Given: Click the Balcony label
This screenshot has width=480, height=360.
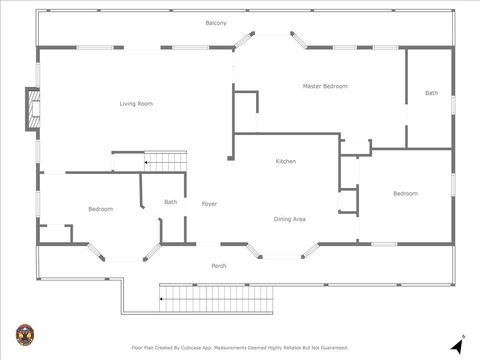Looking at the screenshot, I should tap(216, 23).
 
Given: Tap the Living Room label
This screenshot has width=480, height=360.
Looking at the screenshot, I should tap(136, 104).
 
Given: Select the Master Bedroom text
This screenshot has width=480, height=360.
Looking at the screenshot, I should tap(325, 87).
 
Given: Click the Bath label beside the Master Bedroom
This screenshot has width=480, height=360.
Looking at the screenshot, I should tap(431, 93).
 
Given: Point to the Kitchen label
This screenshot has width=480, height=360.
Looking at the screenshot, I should tap(286, 161).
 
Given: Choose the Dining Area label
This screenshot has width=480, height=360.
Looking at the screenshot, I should tap(289, 218).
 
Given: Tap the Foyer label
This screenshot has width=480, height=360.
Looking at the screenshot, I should tap(209, 204).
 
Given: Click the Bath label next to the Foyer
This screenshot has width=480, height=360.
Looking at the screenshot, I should tap(171, 202).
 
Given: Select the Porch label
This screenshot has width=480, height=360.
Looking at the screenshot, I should tap(218, 266).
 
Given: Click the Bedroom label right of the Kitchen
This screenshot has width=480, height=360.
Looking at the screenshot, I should tap(405, 193).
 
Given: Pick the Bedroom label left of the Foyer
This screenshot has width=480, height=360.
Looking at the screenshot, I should tap(100, 209).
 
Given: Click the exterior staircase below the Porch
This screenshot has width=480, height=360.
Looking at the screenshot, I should tap(217, 297).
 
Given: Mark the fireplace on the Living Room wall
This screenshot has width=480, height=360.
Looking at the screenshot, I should tap(33, 109).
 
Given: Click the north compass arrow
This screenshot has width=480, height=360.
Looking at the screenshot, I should tap(457, 344).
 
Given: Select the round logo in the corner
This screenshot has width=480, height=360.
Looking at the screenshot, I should tap(23, 334).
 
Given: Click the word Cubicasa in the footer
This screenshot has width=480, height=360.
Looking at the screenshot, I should tap(208, 348).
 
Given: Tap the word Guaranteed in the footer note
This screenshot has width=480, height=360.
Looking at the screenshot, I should tap(329, 348).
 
